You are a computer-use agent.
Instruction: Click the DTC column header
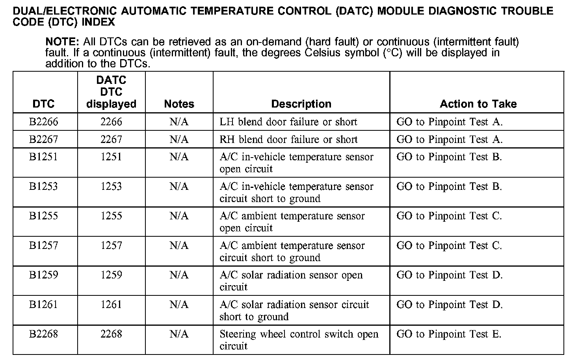[x=44, y=104]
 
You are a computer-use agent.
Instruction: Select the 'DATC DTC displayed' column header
[x=111, y=92]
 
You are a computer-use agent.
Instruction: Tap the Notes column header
[x=179, y=104]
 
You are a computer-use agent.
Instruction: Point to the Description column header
[x=301, y=104]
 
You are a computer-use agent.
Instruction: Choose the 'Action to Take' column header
[x=478, y=104]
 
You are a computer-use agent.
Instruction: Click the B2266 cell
[x=44, y=122]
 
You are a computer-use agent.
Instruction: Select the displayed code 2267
[x=111, y=139]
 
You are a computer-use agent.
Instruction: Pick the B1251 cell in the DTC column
[x=44, y=157]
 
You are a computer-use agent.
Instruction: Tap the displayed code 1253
[x=111, y=186]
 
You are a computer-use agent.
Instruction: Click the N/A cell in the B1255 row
[x=179, y=216]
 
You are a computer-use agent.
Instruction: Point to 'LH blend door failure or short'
[x=288, y=122]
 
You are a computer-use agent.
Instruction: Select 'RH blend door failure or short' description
[x=288, y=139]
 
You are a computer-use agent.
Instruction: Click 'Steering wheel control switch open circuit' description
[x=299, y=340]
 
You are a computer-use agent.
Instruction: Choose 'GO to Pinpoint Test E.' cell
[x=449, y=334]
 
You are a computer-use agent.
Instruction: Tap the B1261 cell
[x=44, y=304]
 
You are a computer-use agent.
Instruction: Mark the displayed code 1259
[x=111, y=275]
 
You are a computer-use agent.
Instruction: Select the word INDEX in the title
[x=98, y=22]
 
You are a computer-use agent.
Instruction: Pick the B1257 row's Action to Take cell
[x=449, y=246]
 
